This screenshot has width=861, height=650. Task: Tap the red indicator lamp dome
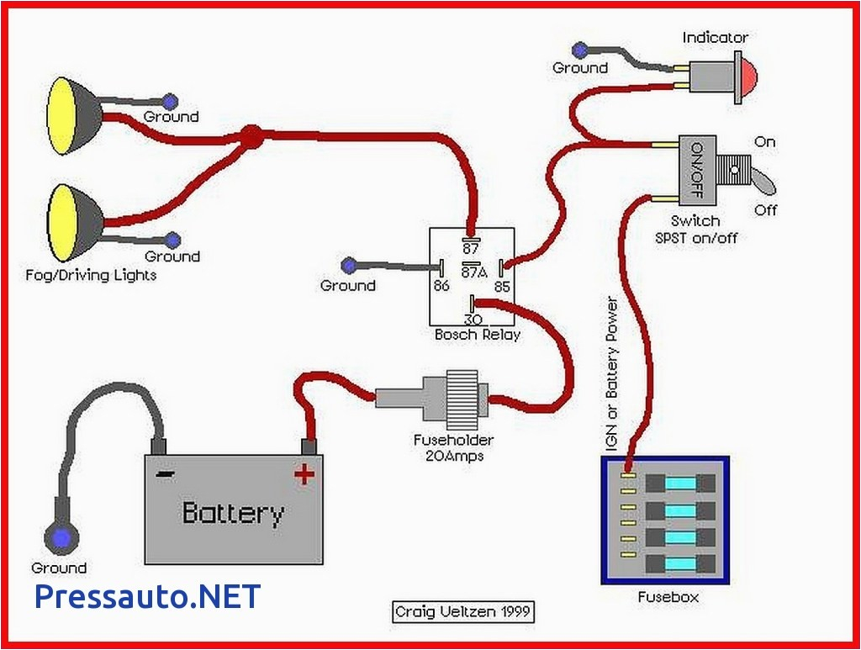tap(748, 73)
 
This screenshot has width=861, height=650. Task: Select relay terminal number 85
tap(503, 287)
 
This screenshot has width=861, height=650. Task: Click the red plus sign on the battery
tap(304, 474)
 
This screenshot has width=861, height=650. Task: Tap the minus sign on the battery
tap(165, 473)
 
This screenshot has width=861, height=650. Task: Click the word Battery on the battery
tap(233, 512)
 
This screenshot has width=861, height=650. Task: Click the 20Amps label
tap(453, 456)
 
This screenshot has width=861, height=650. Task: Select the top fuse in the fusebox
tap(680, 483)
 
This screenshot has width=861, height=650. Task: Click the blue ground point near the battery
tap(59, 536)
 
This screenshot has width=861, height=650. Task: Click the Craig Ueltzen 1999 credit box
tap(463, 611)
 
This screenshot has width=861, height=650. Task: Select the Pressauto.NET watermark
tap(148, 596)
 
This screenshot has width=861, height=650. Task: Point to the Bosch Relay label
tap(477, 334)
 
